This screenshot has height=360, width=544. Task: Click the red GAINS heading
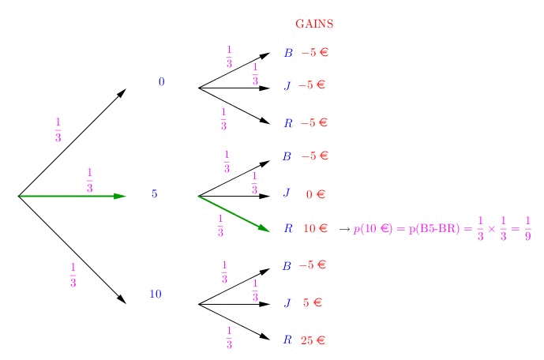(x=314, y=24)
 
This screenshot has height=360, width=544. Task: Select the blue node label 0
(x=162, y=82)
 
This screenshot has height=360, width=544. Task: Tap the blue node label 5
(x=155, y=194)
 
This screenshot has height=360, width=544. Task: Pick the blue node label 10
(x=156, y=294)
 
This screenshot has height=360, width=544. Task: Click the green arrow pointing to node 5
(x=71, y=195)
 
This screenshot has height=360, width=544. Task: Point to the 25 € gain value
(x=313, y=341)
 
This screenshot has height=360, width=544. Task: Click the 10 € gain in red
(x=316, y=229)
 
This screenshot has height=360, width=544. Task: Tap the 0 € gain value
(x=316, y=194)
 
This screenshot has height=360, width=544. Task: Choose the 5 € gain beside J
(x=313, y=302)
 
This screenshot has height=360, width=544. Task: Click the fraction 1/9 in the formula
(x=527, y=229)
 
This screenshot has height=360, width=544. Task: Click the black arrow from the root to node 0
(x=71, y=142)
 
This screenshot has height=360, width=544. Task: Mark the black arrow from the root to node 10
(x=71, y=249)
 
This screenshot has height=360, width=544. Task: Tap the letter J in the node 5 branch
(x=287, y=193)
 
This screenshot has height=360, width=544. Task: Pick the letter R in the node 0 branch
(x=287, y=123)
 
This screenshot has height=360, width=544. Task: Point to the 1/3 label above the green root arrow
(x=89, y=180)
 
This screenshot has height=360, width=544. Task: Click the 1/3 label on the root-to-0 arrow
(x=58, y=130)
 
